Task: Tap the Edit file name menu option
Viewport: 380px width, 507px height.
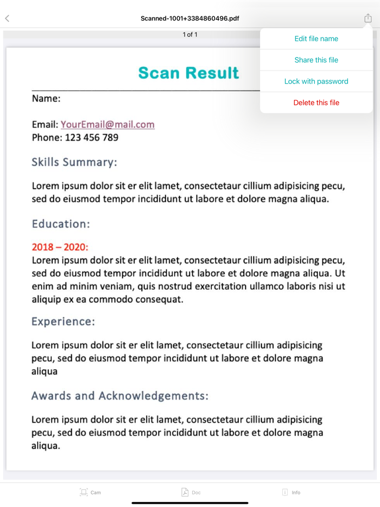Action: click(x=316, y=39)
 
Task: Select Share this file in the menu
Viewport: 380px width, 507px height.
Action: click(x=316, y=60)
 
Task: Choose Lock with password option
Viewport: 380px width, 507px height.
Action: click(x=316, y=81)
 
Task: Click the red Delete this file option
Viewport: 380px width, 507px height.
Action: click(x=316, y=103)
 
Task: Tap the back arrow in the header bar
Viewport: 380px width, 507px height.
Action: click(x=7, y=18)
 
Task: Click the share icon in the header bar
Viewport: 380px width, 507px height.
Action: click(x=368, y=18)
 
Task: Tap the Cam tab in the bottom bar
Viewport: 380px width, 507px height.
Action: click(x=90, y=492)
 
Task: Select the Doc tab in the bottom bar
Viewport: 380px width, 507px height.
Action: click(x=191, y=492)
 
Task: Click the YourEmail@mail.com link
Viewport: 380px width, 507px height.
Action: click(x=107, y=124)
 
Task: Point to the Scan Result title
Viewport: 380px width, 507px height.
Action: click(x=188, y=73)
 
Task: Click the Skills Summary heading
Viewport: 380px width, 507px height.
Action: click(x=74, y=162)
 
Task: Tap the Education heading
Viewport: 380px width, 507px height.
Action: click(x=61, y=224)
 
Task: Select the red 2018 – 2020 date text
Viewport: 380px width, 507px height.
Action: click(x=60, y=247)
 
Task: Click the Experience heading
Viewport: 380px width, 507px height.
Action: click(x=63, y=321)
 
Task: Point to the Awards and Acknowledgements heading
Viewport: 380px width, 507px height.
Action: click(x=119, y=396)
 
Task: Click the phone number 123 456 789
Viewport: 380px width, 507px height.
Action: click(x=91, y=137)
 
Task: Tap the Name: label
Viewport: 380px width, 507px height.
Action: click(x=46, y=98)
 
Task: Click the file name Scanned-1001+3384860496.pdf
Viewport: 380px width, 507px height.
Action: click(x=190, y=18)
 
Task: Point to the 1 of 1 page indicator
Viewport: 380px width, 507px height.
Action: click(x=190, y=34)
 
